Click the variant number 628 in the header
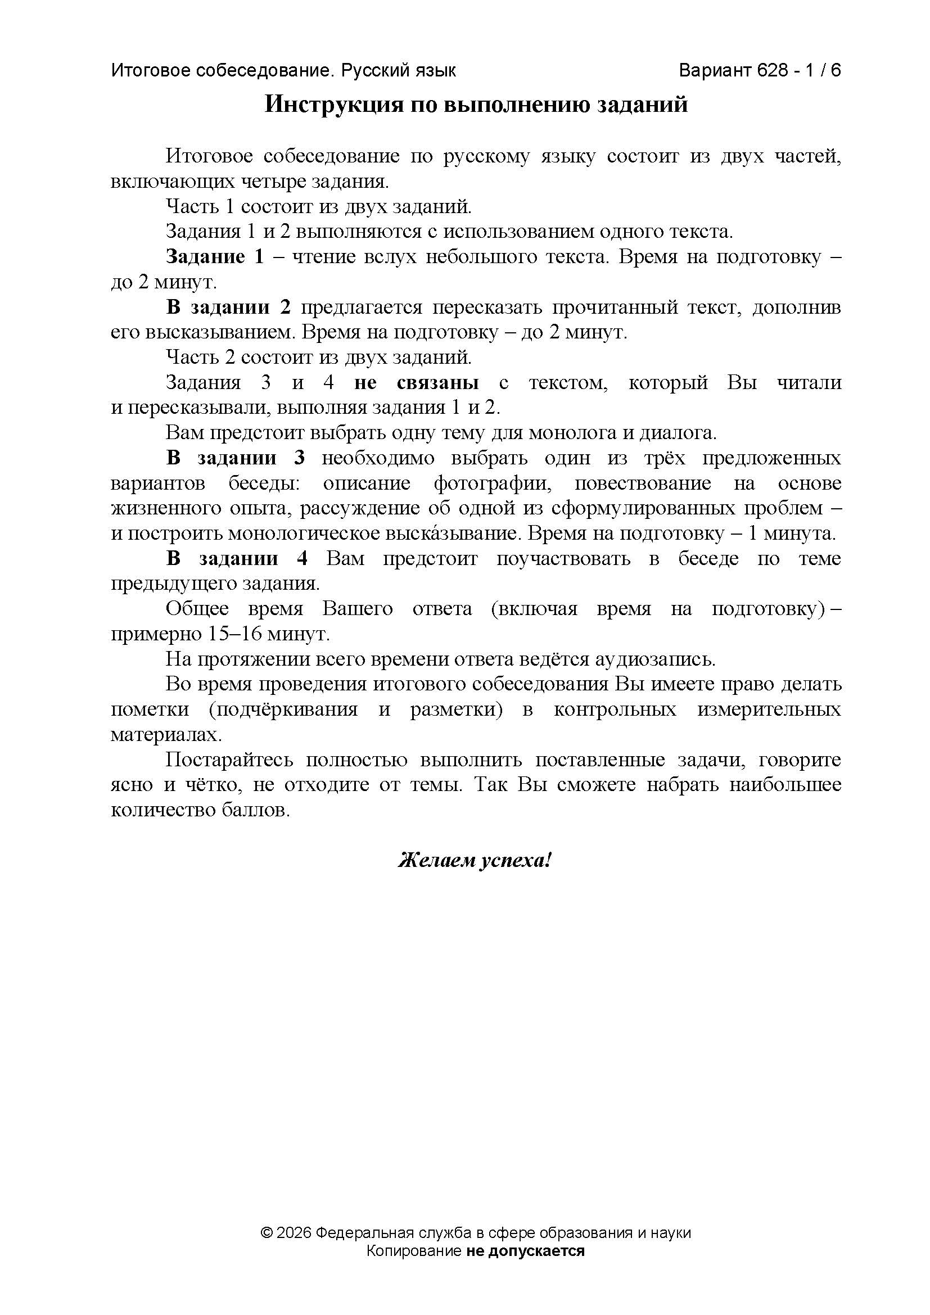coord(773,70)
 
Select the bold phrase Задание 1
coord(215,257)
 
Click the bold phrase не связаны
coord(416,383)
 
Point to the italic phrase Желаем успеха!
coord(475,876)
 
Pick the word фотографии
coord(493,483)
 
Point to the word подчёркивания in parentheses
coord(283,710)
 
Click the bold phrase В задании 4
coord(237,558)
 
